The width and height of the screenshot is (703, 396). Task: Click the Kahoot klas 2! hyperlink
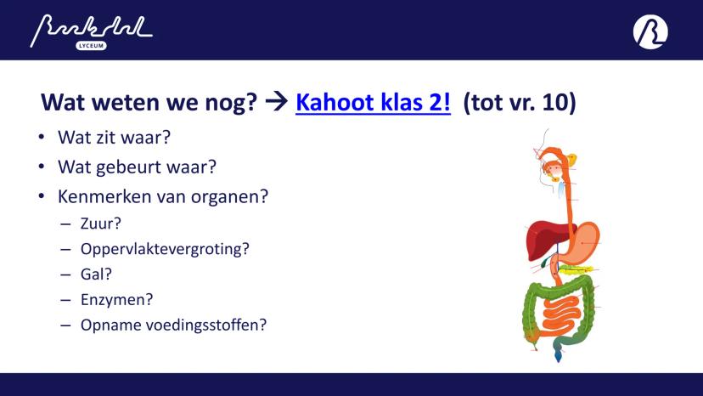pyautogui.click(x=373, y=102)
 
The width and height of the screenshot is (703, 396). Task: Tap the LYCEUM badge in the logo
pyautogui.click(x=91, y=46)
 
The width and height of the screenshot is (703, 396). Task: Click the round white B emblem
pyautogui.click(x=650, y=31)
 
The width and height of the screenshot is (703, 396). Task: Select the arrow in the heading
pyautogui.click(x=276, y=101)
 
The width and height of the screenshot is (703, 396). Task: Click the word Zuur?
pyautogui.click(x=101, y=223)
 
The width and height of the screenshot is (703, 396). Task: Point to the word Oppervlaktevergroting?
pyautogui.click(x=165, y=249)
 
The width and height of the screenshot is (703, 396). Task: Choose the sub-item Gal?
pyautogui.click(x=96, y=274)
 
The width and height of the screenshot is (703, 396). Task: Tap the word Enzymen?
pyautogui.click(x=116, y=299)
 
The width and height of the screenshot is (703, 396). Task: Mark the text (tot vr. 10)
pyautogui.click(x=519, y=102)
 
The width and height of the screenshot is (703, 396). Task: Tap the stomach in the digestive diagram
pyautogui.click(x=582, y=242)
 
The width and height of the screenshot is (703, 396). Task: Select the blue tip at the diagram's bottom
pyautogui.click(x=558, y=356)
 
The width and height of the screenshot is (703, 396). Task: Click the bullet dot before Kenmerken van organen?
pyautogui.click(x=42, y=196)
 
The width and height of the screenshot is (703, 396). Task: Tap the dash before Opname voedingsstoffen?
pyautogui.click(x=65, y=325)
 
